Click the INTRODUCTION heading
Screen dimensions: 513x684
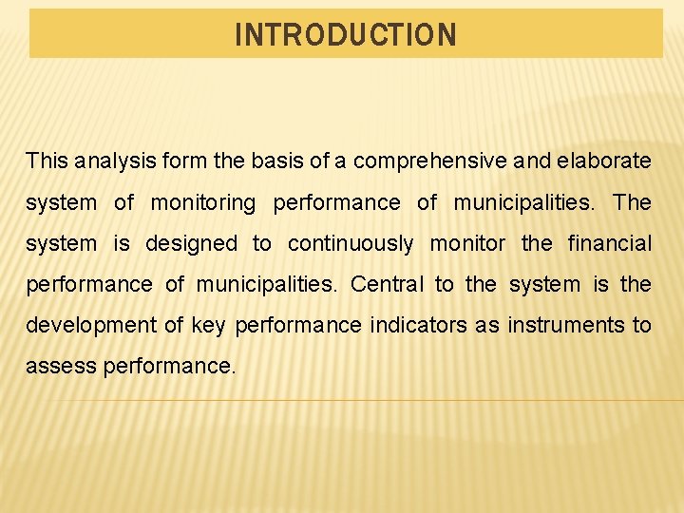346,36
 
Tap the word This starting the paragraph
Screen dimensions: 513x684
47,161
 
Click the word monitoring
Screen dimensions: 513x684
203,203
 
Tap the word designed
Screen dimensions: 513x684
192,244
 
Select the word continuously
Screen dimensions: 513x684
351,244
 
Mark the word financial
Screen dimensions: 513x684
610,244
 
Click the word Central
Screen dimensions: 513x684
388,285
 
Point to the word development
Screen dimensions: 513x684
91,326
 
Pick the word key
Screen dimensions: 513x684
208,326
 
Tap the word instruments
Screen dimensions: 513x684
566,325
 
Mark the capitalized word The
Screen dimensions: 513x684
632,202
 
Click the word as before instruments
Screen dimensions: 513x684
486,325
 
